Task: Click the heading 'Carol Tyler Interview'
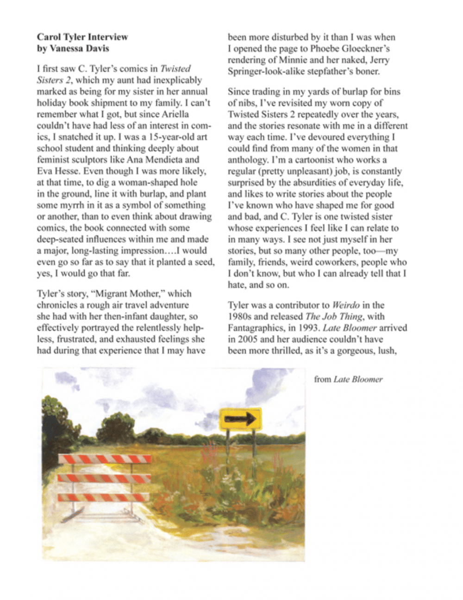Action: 82,37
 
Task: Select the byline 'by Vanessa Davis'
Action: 73,48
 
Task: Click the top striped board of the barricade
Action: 105,459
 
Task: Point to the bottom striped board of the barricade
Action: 103,498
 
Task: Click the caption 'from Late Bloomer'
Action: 348,379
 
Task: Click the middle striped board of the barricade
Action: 104,478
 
